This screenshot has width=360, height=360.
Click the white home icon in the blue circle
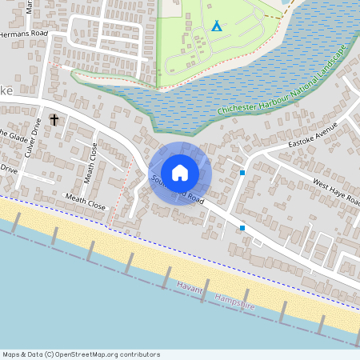(180, 172)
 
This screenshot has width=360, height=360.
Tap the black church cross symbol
(54, 120)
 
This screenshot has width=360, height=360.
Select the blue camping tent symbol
(216, 26)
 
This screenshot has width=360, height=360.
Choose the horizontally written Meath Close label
(86, 201)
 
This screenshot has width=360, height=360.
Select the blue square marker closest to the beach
(242, 228)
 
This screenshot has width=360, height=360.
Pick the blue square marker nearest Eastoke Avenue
(242, 172)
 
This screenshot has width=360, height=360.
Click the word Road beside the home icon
(200, 198)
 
